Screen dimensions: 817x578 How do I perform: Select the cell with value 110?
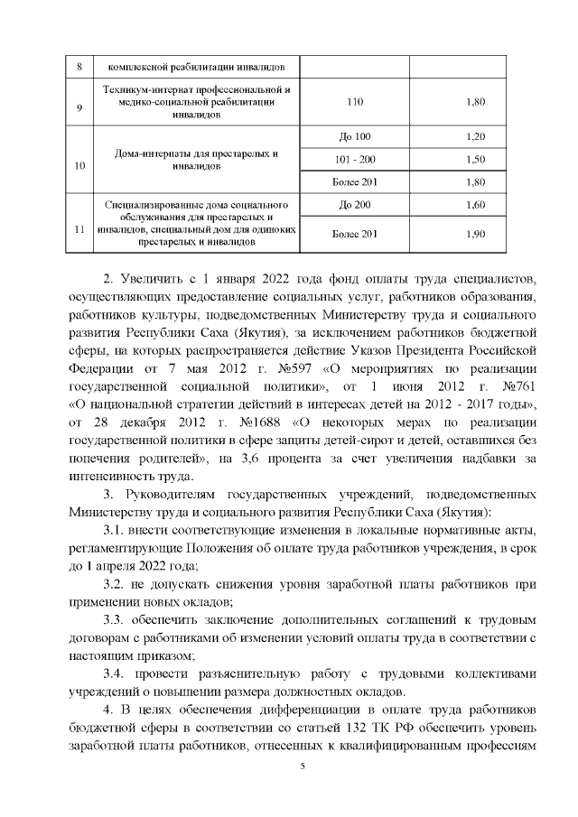pos(355,102)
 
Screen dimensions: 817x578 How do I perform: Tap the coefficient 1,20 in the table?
pos(474,136)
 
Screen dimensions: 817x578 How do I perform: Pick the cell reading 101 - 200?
pos(354,158)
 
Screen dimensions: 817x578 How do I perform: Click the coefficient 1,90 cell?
pos(474,235)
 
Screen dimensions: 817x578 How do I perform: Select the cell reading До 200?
pos(354,205)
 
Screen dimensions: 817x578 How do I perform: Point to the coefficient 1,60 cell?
pos(474,205)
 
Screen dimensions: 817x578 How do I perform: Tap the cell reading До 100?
pos(354,136)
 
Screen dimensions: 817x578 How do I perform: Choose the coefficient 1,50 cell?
pos(474,158)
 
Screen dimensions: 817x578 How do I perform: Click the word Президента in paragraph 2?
pos(418,352)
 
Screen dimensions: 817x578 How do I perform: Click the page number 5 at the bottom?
pos(303,766)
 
